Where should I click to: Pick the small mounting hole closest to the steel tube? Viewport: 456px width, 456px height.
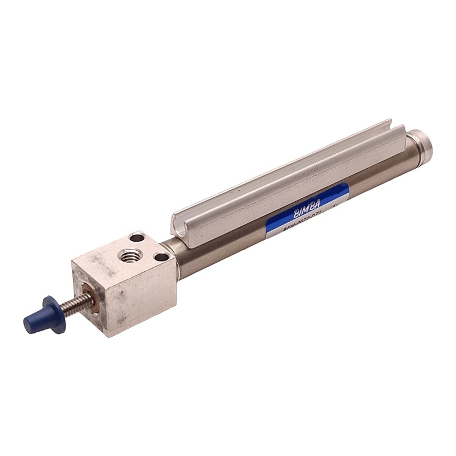[x=161, y=257]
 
